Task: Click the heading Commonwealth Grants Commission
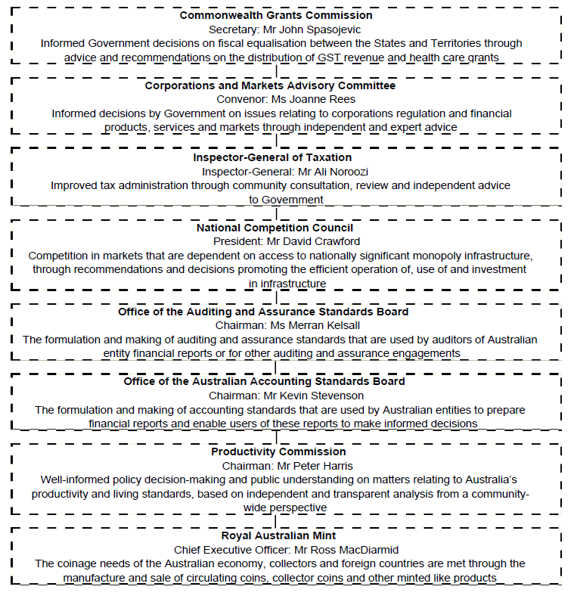[x=276, y=15]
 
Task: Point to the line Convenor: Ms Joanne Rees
[x=281, y=100]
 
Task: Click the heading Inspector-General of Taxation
[x=272, y=157]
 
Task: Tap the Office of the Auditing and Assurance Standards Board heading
[x=263, y=312]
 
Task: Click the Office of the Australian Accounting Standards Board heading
[x=265, y=381]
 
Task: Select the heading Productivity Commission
[x=278, y=452]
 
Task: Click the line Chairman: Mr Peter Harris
[x=281, y=466]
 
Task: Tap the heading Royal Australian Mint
[x=278, y=535]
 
